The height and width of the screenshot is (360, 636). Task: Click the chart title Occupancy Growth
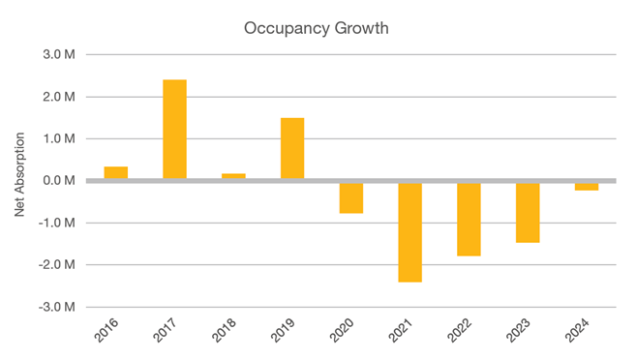318,28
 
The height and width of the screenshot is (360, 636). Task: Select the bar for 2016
116,173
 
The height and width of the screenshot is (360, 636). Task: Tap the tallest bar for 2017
175,130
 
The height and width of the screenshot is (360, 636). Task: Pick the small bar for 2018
233,176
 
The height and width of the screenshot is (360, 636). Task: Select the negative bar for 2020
351,197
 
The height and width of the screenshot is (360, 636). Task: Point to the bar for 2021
410,231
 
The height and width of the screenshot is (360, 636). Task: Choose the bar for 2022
469,219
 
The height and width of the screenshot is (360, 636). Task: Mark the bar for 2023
528,212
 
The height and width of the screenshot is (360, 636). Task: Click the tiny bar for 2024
587,186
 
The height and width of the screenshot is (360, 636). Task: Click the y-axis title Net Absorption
21,181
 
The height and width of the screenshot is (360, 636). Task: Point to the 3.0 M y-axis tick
59,55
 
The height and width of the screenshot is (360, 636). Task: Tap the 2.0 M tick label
59,97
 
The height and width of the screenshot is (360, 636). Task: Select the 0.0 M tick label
59,181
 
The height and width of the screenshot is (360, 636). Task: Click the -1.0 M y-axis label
57,223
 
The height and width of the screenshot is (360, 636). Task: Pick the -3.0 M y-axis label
57,307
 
